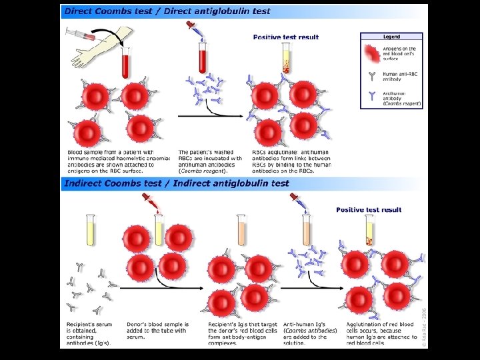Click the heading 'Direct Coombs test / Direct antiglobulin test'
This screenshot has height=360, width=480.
pyautogui.click(x=167, y=11)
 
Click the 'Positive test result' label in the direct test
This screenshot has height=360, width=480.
pyautogui.click(x=286, y=37)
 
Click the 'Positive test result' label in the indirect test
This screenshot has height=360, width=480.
pyautogui.click(x=369, y=210)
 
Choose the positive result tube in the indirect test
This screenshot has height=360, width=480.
pyautogui.click(x=369, y=230)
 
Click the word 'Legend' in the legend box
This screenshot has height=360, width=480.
pyautogui.click(x=391, y=37)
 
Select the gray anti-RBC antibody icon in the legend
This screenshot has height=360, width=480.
pyautogui.click(x=371, y=75)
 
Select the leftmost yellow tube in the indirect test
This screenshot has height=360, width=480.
pyautogui.click(x=90, y=230)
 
